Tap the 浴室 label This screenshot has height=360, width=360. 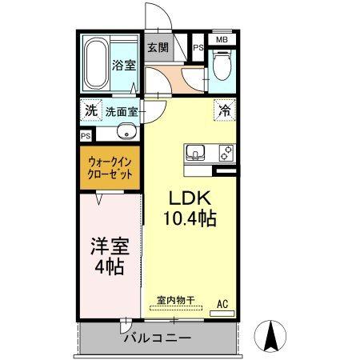(x=124, y=63)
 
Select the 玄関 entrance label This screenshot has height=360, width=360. (x=157, y=46)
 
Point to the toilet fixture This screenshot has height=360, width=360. (x=222, y=69)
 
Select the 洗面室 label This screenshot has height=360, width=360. (x=121, y=111)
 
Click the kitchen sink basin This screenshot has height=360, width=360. (x=196, y=152)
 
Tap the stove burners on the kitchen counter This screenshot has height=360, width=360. (x=225, y=152)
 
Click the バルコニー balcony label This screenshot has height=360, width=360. (x=157, y=338)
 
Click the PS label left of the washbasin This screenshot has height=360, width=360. (x=86, y=136)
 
